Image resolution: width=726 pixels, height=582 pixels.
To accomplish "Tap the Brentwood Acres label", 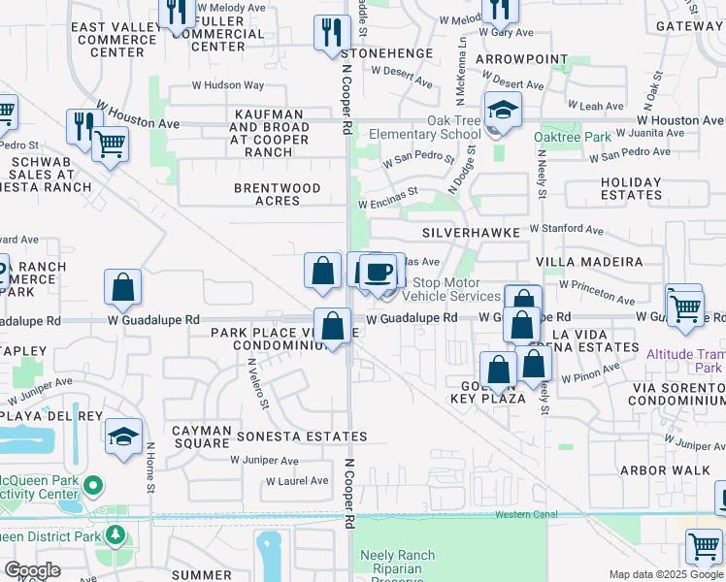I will (277, 194).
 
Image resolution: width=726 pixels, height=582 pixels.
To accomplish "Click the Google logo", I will (33, 570).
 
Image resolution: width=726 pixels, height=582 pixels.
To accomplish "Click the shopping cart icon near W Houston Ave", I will (110, 145).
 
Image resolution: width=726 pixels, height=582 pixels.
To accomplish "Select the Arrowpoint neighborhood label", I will (521, 59).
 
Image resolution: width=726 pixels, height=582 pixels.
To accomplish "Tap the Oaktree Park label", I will (572, 137).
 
